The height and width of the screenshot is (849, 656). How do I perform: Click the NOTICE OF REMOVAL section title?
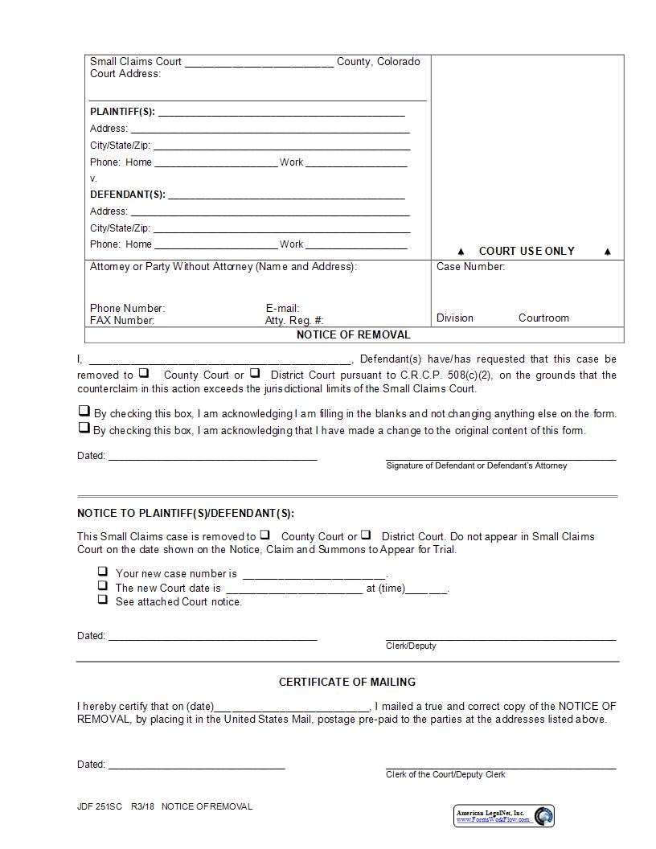(353, 334)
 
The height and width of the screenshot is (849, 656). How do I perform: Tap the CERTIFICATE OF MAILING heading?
(346, 682)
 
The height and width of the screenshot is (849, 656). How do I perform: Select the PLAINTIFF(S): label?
(122, 112)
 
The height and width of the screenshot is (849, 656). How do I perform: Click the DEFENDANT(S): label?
(127, 195)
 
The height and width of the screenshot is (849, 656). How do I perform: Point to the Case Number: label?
(470, 267)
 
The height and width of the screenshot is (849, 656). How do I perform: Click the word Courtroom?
(543, 318)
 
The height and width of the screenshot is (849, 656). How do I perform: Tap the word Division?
(455, 318)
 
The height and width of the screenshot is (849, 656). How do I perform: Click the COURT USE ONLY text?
(527, 251)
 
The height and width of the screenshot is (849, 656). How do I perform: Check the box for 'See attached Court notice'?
(103, 599)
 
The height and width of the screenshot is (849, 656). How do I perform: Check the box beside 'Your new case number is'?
(103, 572)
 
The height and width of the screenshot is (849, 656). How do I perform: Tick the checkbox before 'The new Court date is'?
(103, 585)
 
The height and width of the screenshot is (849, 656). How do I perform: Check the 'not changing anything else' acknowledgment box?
(84, 411)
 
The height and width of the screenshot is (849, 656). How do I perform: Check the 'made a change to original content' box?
(84, 428)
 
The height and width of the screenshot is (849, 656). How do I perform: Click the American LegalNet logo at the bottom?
(504, 816)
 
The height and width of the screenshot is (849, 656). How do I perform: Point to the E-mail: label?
(282, 309)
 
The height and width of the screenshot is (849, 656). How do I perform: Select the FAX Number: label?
(122, 321)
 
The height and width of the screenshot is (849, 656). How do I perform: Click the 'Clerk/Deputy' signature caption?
(411, 646)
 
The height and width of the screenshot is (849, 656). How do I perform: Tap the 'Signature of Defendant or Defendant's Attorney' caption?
(476, 466)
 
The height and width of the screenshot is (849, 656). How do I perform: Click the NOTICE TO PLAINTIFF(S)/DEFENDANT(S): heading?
(186, 513)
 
